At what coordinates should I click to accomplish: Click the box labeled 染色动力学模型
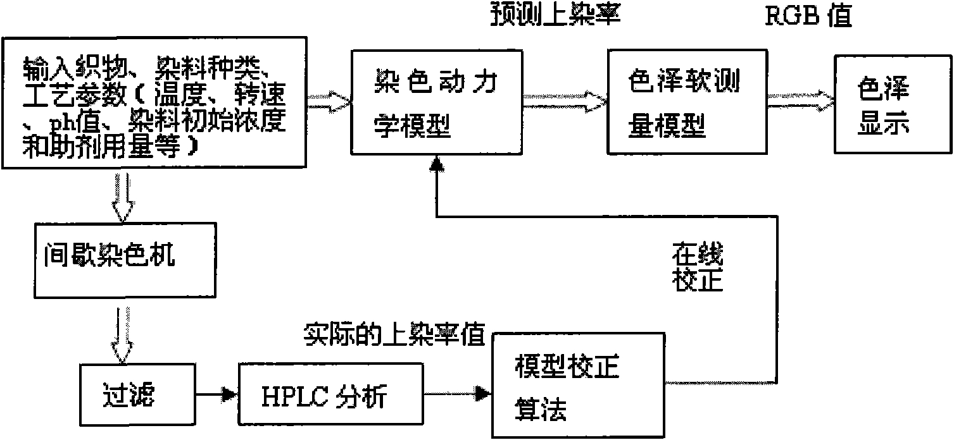(437, 102)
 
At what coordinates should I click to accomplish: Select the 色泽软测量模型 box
(687, 102)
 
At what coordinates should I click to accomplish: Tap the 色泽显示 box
(893, 104)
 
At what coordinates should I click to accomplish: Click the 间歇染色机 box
(125, 260)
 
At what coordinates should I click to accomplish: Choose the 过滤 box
(137, 394)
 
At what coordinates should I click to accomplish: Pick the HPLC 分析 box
(330, 394)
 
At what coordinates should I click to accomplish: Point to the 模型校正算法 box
(579, 385)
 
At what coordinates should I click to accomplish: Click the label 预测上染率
(555, 15)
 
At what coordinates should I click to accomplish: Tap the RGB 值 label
(808, 16)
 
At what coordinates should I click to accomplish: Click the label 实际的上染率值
(394, 334)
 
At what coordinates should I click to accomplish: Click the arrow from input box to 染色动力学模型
(329, 102)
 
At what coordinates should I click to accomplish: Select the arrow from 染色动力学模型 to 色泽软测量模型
(565, 102)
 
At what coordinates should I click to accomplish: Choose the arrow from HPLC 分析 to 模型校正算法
(458, 394)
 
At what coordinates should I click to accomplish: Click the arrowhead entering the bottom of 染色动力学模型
(437, 164)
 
